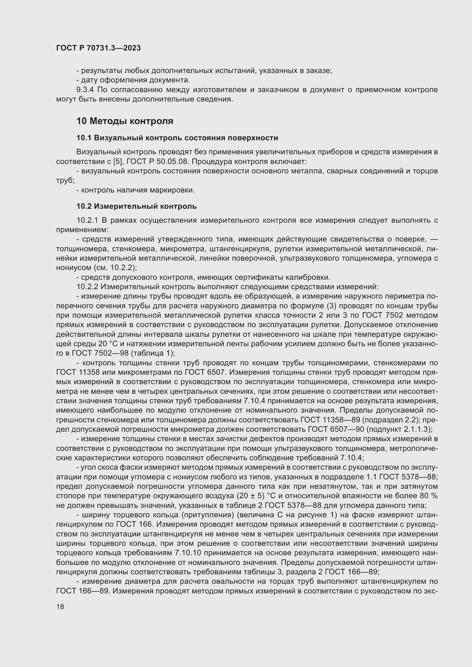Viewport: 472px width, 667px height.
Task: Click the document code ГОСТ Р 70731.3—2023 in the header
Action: (x=98, y=48)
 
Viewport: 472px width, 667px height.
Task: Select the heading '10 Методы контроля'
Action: (x=125, y=121)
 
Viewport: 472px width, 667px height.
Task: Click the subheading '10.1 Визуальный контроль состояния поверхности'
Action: (x=177, y=138)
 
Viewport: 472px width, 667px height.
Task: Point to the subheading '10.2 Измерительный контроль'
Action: (x=136, y=206)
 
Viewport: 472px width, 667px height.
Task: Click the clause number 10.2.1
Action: (x=88, y=220)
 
